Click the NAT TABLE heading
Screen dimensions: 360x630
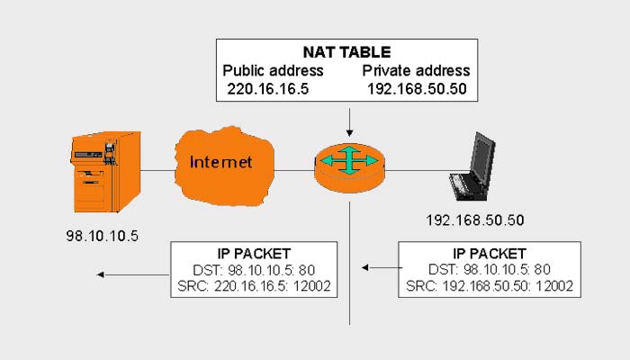[346, 52]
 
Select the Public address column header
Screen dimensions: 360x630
[273, 71]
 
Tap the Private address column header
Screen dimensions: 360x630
[417, 71]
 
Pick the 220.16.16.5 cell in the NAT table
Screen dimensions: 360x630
[269, 89]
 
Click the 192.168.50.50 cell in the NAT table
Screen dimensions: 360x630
[418, 89]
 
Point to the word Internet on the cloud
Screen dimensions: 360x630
[220, 163]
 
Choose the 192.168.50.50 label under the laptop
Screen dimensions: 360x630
[474, 220]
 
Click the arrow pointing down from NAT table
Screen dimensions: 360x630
[349, 121]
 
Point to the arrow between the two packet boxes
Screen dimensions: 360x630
[378, 267]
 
